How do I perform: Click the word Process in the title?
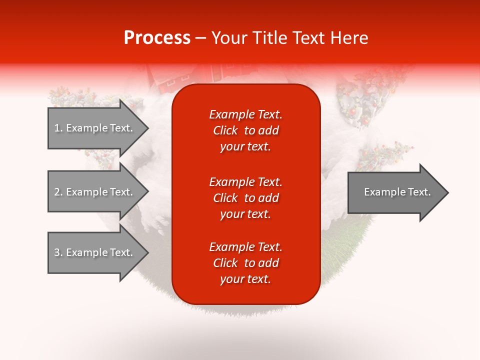[157, 37]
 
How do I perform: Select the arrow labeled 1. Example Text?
[98, 128]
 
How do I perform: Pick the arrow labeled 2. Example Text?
[98, 191]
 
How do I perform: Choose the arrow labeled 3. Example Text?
[98, 252]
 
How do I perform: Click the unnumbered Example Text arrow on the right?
[398, 192]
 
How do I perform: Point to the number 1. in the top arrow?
[58, 128]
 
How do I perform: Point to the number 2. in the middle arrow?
[58, 192]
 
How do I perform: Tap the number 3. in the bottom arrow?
[58, 252]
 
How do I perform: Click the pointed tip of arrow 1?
[148, 128]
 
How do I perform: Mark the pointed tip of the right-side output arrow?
[448, 192]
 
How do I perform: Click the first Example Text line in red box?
[246, 114]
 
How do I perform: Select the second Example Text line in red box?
[246, 182]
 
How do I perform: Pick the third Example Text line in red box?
[246, 247]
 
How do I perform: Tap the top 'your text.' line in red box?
[245, 146]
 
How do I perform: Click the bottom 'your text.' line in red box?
[245, 279]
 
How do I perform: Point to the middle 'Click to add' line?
[246, 198]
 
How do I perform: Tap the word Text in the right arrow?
[419, 192]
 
